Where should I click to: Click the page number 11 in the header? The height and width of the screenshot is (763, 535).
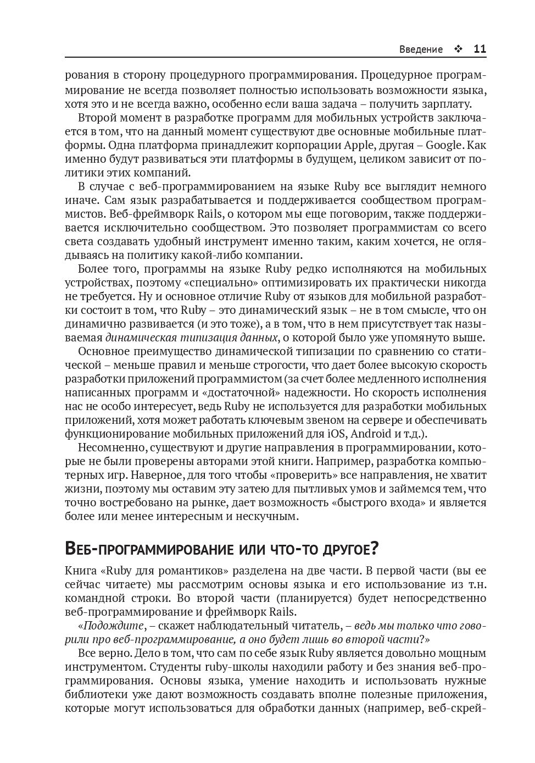480,49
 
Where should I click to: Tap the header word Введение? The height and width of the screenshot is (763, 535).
421,49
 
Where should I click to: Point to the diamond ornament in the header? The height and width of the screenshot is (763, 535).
458,49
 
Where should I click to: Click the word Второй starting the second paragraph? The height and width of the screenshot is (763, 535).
96,118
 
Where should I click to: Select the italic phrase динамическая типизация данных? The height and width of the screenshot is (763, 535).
192,338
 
